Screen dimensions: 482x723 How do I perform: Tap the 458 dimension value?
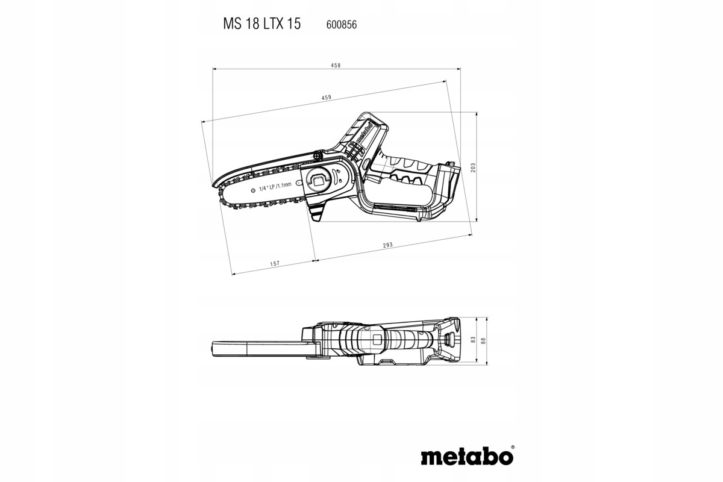[x=336, y=65]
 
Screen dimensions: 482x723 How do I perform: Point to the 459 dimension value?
[x=326, y=98]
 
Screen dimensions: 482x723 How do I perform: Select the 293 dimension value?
[x=387, y=245]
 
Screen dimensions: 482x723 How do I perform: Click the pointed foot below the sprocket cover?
[x=318, y=212]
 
